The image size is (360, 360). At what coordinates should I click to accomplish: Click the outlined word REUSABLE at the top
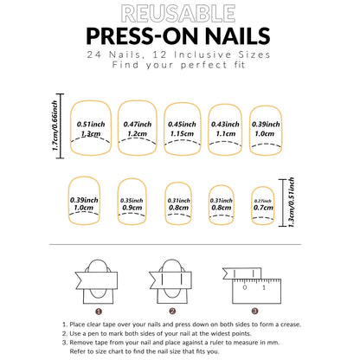[179, 14]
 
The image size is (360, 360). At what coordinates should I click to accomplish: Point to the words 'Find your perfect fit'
[179, 67]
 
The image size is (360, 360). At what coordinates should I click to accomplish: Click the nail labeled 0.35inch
[132, 203]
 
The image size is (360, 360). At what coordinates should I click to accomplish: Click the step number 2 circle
[172, 311]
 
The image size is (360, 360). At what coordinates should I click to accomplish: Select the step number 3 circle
[254, 311]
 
